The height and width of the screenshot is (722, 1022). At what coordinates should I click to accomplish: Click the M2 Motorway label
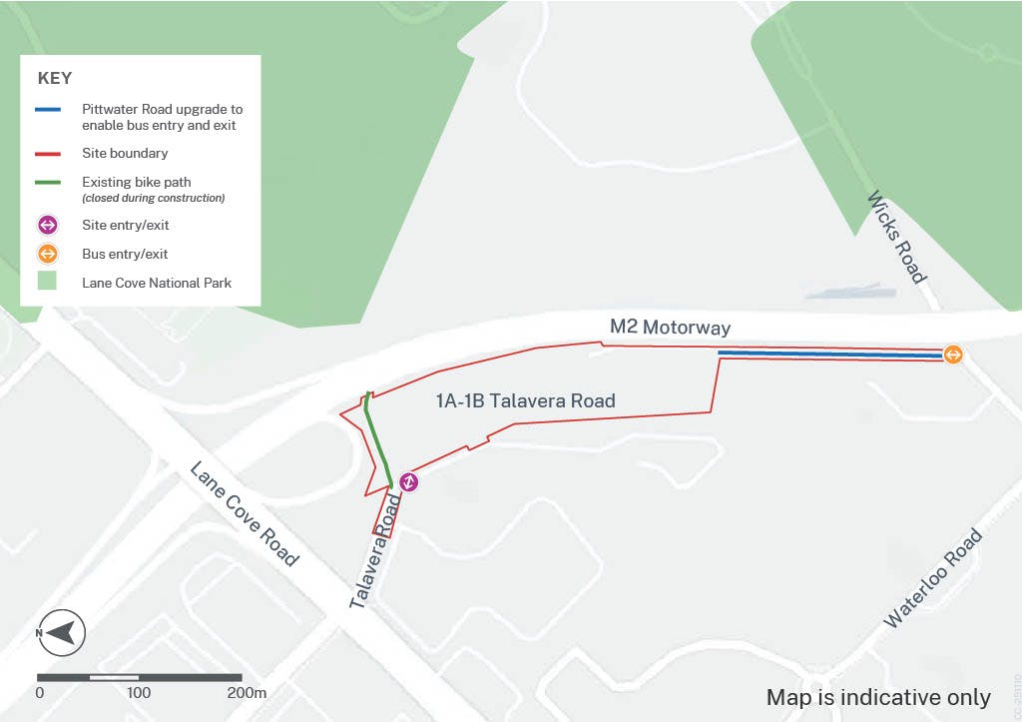pos(671,328)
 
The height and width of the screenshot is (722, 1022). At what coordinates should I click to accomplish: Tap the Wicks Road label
pos(898,237)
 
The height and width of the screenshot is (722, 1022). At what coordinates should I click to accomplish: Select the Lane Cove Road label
pos(245,513)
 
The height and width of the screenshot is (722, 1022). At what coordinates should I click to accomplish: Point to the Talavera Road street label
pos(375,554)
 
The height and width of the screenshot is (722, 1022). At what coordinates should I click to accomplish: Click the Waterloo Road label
pos(933,579)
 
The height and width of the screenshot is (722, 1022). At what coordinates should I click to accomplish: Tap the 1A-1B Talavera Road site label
pos(525,401)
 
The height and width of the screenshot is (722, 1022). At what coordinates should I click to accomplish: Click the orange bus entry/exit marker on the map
pos(953,355)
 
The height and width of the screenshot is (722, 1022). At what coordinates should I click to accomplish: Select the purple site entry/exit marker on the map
pos(409,482)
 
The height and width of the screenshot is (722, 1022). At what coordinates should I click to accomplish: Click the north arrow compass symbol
pos(61,632)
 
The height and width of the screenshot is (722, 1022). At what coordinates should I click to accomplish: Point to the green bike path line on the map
pos(377,439)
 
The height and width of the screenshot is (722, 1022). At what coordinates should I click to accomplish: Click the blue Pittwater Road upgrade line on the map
pos(828,354)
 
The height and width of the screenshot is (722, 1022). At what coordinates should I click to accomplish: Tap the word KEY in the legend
pos(54,78)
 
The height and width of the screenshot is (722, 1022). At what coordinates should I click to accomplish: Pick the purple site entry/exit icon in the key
pos(49,226)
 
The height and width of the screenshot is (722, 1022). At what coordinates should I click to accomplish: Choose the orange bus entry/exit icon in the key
pos(49,254)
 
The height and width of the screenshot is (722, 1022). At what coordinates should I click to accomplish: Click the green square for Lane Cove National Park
pos(49,283)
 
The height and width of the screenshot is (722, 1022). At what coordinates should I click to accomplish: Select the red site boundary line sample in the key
pos(49,155)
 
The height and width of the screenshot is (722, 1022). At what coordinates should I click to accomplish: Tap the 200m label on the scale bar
pos(248,693)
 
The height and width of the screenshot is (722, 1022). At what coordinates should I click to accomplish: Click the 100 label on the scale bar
pos(139,693)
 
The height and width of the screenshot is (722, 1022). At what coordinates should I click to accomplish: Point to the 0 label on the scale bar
pos(40,693)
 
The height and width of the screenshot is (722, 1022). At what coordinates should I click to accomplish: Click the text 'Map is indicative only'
pos(878,697)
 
